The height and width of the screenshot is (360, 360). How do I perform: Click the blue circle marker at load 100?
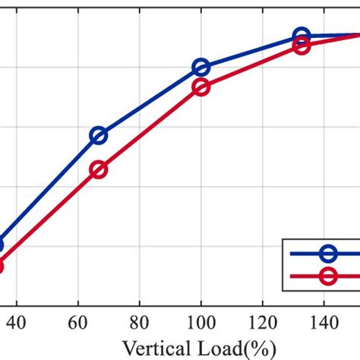pos(201,68)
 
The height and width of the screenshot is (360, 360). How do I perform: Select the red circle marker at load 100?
pos(201,87)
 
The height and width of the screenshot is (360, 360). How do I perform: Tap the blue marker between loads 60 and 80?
pos(99,136)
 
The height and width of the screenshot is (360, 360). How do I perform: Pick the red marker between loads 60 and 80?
pos(99,170)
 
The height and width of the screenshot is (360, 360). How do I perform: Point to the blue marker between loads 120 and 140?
pos(302,36)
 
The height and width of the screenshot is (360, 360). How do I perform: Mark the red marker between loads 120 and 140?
pos(302,46)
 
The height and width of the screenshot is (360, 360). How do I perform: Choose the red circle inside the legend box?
pos(329,276)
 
